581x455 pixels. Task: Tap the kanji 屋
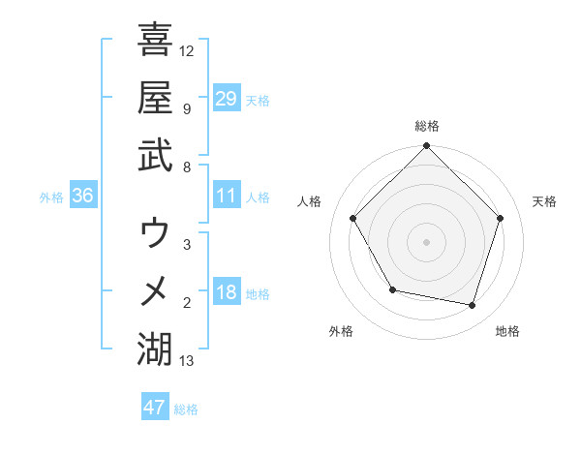[154, 97]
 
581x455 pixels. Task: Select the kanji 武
[154, 154]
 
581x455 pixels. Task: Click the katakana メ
[154, 290]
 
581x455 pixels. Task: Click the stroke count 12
[187, 50]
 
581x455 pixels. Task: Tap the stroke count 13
[187, 361]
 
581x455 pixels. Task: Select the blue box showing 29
[226, 98]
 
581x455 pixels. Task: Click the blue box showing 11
[226, 196]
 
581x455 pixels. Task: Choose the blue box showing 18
[226, 292]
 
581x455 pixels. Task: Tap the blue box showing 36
[82, 196]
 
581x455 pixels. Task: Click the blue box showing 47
[154, 408]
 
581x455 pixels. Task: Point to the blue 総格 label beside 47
[186, 409]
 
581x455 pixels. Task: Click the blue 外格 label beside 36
[51, 197]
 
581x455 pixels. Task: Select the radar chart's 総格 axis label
[427, 126]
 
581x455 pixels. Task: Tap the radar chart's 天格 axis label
[544, 201]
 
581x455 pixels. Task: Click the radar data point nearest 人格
[353, 219]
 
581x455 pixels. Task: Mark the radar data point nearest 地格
[473, 306]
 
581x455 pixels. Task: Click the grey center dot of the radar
[427, 242]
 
